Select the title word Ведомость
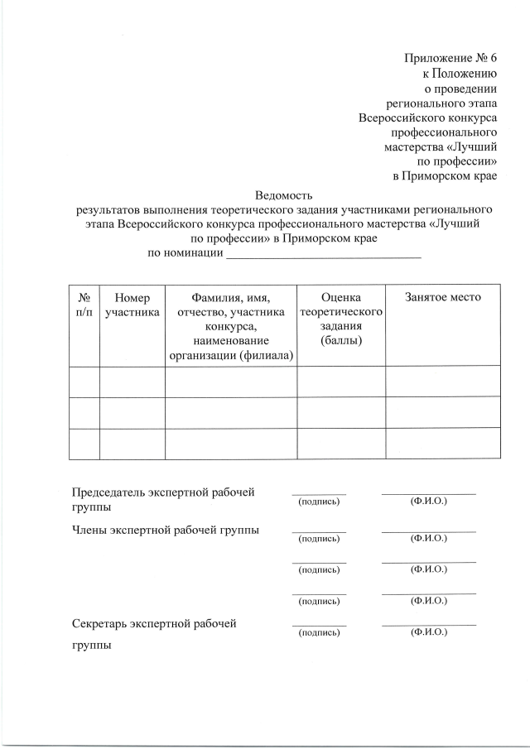(283, 195)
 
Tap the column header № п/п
(84, 305)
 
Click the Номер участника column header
(132, 305)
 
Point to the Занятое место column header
(442, 297)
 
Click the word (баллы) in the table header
(340, 340)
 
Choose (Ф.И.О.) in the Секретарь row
(429, 632)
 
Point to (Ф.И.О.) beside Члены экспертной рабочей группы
(429, 539)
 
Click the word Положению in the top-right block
(463, 74)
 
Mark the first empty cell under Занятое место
(442, 382)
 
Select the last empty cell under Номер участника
(132, 444)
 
